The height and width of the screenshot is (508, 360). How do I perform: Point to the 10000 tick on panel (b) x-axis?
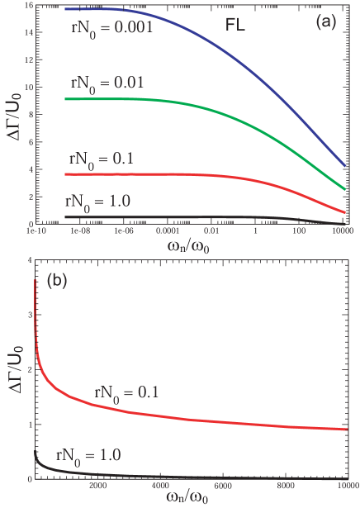(x=347, y=486)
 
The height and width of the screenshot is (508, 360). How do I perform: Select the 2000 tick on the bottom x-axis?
(x=96, y=486)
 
